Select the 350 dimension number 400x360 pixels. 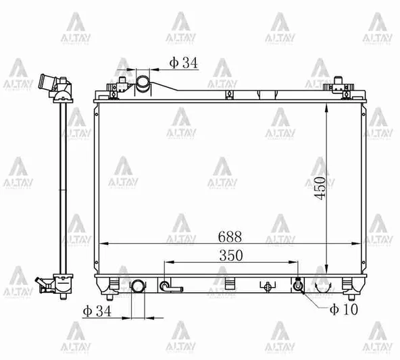[230, 255]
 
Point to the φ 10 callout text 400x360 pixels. [343, 310]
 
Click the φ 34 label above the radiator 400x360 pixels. [182, 63]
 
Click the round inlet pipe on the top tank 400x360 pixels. [144, 84]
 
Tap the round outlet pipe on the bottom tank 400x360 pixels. [137, 286]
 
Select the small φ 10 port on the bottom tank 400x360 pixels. [297, 286]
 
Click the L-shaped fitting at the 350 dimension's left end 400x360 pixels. [169, 287]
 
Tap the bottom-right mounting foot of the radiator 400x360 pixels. [349, 288]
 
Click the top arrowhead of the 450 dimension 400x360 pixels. [327, 109]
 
